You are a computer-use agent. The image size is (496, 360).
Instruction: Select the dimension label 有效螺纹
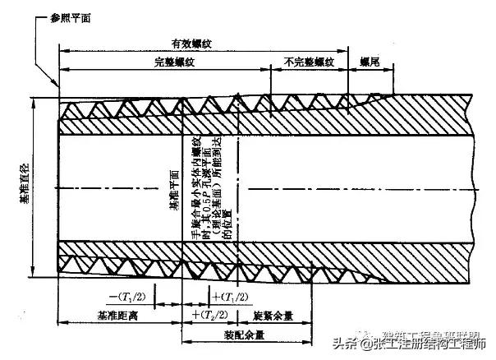pos(191,43)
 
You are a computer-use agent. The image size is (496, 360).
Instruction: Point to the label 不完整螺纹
pos(309,62)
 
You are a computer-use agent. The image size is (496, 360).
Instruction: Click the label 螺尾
pos(370,62)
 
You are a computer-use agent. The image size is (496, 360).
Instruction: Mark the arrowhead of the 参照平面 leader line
pos(57,86)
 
